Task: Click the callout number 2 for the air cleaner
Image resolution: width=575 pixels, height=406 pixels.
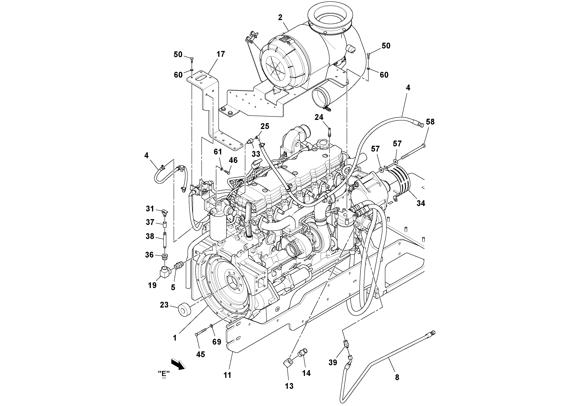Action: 280,17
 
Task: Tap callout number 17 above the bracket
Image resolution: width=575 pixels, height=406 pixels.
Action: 221,54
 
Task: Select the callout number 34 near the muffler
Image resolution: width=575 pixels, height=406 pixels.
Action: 421,203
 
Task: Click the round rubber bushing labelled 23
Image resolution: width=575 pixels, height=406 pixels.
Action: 185,311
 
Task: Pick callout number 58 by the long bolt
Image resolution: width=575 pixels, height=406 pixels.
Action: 430,122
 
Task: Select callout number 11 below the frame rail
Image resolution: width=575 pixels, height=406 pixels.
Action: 227,375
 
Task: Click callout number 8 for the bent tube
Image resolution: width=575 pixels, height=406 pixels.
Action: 397,377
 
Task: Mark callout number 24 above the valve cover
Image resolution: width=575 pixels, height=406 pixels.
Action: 319,117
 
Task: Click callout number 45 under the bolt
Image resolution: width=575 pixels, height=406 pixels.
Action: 200,354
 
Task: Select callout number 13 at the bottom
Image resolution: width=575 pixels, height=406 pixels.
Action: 289,386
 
